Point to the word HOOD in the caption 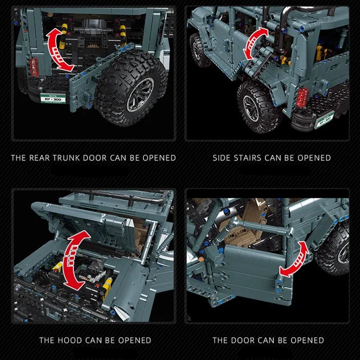pyautogui.click(x=70, y=340)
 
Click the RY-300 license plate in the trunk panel pyautogui.click(x=53, y=98)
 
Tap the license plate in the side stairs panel pyautogui.click(x=325, y=119)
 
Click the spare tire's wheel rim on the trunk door pyautogui.click(x=140, y=94)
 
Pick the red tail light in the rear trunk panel pyautogui.click(x=34, y=67)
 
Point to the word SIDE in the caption pyautogui.click(x=221, y=158)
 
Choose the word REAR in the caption pyautogui.click(x=39, y=158)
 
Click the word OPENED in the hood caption pyautogui.click(x=135, y=340)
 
